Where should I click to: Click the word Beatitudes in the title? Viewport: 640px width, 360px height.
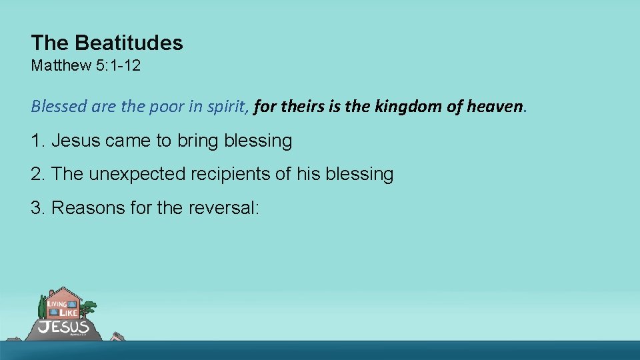click(129, 43)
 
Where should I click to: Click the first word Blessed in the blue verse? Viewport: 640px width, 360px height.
click(56, 106)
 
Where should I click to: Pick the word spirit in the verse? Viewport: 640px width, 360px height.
click(228, 106)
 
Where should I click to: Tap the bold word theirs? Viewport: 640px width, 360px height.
click(299, 106)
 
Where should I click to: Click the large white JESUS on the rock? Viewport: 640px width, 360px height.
click(63, 327)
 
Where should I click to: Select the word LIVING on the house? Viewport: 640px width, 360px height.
click(57, 304)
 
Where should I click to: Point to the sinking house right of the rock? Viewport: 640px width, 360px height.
click(117, 337)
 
